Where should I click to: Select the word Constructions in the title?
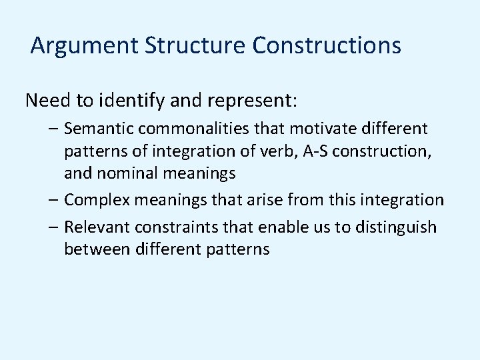tap(327, 46)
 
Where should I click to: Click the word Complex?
tap(94, 200)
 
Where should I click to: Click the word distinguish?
tap(397, 227)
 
